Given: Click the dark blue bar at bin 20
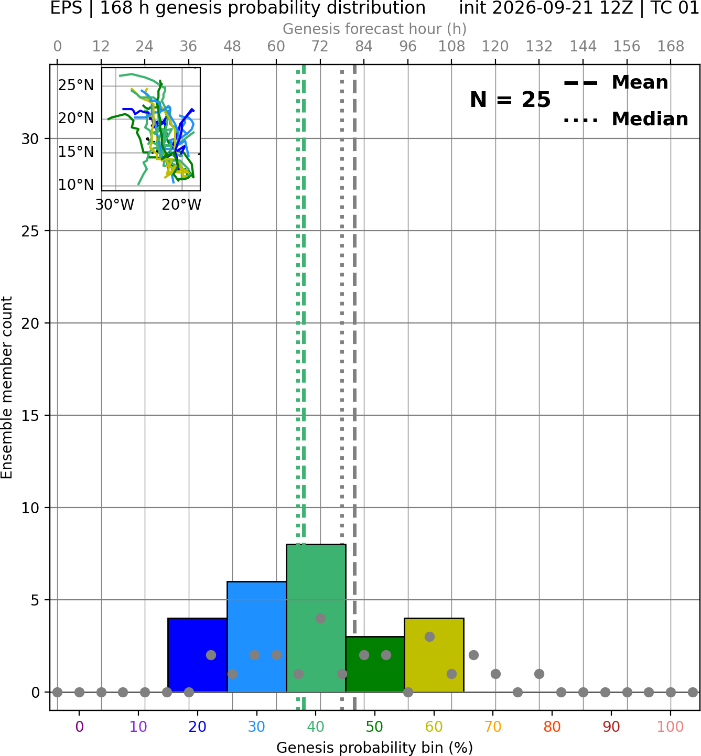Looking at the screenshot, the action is pos(198,655).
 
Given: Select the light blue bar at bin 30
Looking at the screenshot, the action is pos(256,636).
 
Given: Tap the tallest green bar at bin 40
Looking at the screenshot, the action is pos(316,618).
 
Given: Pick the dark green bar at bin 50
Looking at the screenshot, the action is pos(375,664).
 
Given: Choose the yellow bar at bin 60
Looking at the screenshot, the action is pos(434,655).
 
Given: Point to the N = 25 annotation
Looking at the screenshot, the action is pos(510,100).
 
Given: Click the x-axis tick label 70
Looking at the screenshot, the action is pos(493,727).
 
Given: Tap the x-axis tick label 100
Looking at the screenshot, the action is pos(671,727).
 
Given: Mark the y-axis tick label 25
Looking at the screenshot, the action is pos(30,231).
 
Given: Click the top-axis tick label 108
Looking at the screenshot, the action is pos(451,47).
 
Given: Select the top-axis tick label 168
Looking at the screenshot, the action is pos(671,47).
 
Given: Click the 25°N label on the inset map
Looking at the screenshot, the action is pos(76,85).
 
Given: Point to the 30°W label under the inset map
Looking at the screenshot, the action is pos(115,205).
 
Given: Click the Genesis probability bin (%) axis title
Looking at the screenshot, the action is pos(375,748).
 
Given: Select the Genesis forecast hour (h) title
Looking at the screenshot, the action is pos(375,29).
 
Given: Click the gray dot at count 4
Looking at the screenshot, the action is pos(320,618).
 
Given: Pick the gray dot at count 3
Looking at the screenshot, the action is pos(429,636).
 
